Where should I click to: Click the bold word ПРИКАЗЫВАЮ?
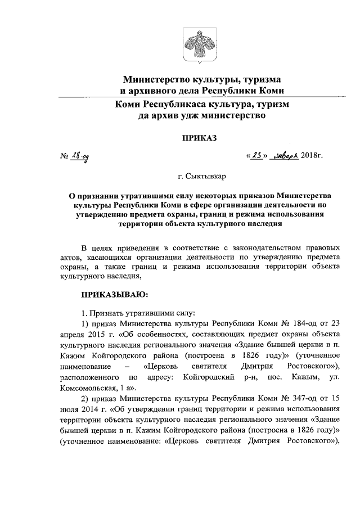point(115,294)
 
